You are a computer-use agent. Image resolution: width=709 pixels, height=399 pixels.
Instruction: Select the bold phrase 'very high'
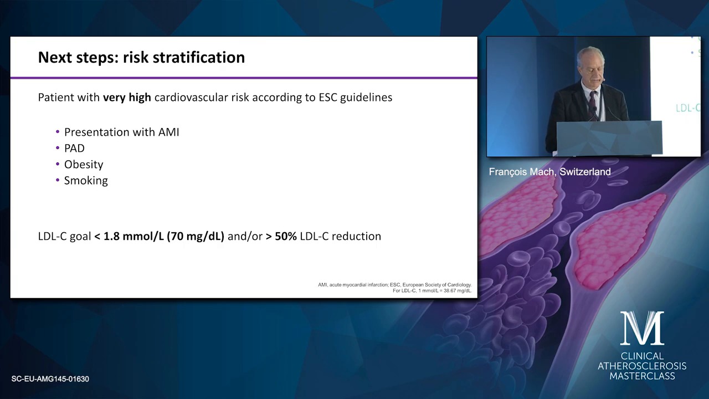127,97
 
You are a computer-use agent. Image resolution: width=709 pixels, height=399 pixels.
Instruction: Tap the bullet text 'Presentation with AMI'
121,132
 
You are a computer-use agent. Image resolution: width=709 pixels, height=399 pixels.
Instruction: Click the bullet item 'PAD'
74,148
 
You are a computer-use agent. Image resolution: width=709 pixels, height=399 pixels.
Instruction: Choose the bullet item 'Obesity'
84,165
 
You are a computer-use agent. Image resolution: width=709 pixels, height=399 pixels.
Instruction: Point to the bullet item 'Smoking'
86,181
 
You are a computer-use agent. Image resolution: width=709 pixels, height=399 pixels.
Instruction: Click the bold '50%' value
285,236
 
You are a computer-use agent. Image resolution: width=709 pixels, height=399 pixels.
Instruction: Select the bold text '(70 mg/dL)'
196,237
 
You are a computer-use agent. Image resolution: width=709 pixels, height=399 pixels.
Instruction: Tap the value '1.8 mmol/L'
133,237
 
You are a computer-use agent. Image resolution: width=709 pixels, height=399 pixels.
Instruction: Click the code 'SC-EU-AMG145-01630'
50,378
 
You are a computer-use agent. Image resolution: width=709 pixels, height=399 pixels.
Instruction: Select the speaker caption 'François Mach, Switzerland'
550,172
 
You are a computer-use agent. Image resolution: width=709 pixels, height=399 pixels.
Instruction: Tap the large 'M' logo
642,328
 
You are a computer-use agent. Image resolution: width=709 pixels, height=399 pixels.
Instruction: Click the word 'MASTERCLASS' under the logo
642,376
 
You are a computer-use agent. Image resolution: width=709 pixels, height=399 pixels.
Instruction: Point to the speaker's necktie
593,105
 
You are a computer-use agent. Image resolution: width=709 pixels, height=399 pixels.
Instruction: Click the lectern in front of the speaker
609,138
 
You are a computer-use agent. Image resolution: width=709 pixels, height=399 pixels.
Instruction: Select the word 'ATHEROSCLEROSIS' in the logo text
642,366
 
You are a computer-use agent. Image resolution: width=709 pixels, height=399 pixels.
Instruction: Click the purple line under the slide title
244,78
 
